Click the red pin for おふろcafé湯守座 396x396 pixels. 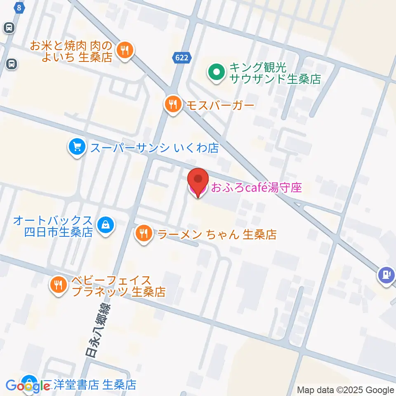198,182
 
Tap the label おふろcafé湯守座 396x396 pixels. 256,188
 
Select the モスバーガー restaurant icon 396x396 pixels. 172,105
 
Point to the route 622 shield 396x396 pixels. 181,58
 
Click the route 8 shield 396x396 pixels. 18,7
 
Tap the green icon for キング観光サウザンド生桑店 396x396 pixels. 217,73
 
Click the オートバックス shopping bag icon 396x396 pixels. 106,225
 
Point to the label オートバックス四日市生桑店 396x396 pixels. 53,226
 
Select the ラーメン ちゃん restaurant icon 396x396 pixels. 143,234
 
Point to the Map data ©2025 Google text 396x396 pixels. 346,390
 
